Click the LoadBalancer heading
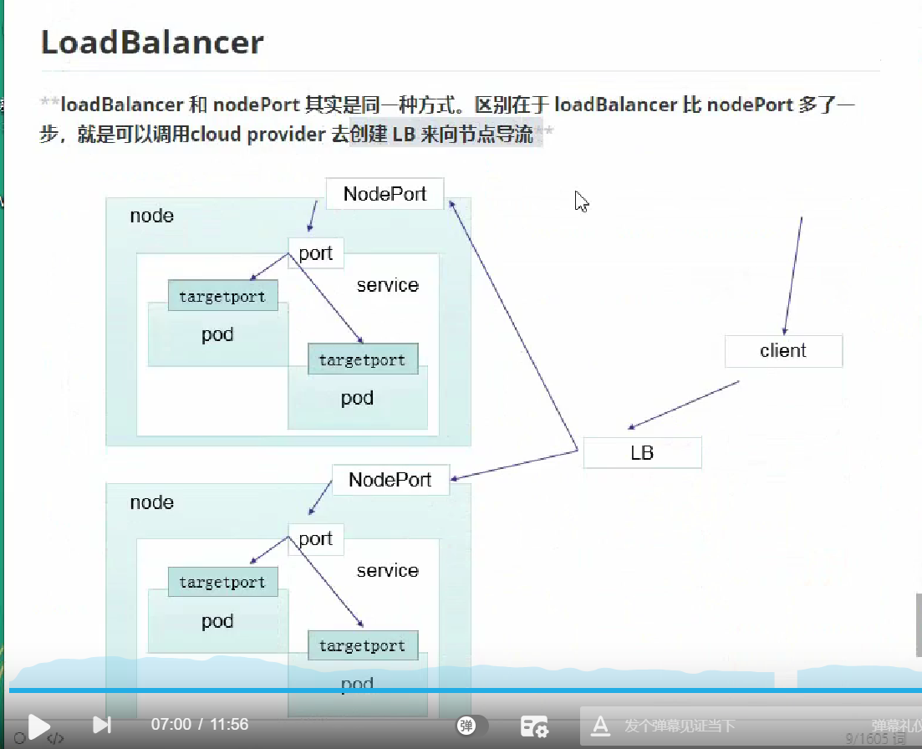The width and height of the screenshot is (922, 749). (x=152, y=42)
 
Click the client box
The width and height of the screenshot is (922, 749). (x=783, y=351)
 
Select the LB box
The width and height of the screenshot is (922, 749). (x=642, y=453)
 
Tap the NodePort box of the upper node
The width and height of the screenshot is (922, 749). (x=385, y=194)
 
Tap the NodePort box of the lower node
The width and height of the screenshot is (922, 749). (x=390, y=480)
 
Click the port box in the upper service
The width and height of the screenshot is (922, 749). (x=315, y=253)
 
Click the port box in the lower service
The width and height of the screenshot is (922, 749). (x=315, y=539)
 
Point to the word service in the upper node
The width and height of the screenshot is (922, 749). (x=387, y=285)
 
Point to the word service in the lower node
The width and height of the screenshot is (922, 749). (x=387, y=571)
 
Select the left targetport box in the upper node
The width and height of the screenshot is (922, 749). (x=222, y=297)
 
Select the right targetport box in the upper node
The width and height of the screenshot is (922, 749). (x=362, y=360)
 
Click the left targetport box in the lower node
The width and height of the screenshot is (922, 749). (x=222, y=583)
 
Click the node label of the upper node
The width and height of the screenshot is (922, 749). (x=151, y=216)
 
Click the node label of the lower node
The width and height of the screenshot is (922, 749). (x=151, y=502)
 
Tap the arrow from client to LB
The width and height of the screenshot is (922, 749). (x=683, y=405)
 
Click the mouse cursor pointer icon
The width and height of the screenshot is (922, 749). (x=582, y=201)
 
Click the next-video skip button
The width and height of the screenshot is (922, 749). (x=102, y=725)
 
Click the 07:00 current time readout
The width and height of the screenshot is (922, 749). (x=171, y=725)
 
